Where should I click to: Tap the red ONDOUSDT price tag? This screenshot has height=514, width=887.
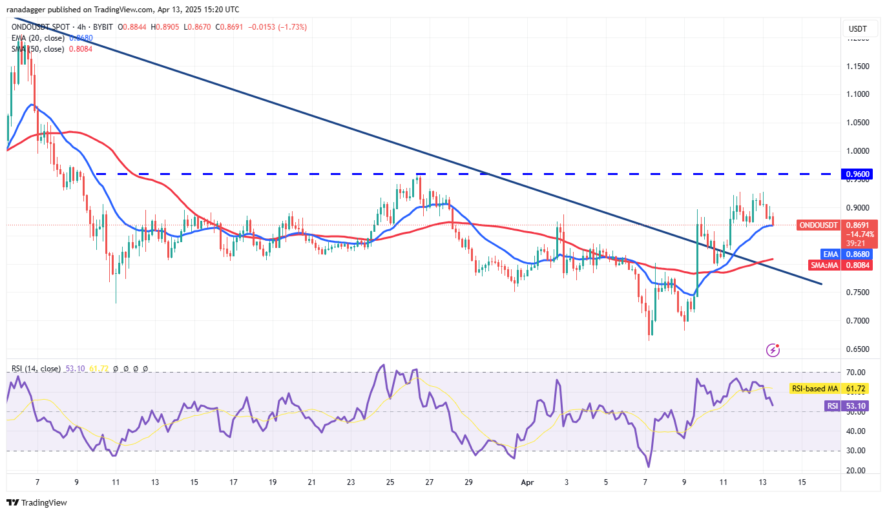(818, 225)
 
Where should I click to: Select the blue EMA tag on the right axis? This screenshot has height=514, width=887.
(830, 254)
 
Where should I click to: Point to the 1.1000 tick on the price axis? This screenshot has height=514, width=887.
(857, 94)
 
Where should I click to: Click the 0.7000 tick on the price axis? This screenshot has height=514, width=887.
(857, 321)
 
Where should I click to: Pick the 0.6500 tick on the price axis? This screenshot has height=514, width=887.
(857, 349)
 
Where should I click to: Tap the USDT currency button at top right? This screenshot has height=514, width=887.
(857, 29)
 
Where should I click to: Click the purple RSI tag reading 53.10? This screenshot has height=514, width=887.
(832, 406)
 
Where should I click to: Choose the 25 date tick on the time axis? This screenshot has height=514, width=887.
(391, 482)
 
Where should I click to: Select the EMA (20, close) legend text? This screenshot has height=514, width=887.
(37, 38)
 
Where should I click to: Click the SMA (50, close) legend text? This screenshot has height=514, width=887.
(37, 48)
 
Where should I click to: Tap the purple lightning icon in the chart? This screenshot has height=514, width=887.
(773, 350)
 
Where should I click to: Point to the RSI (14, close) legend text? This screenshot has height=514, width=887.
(36, 369)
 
